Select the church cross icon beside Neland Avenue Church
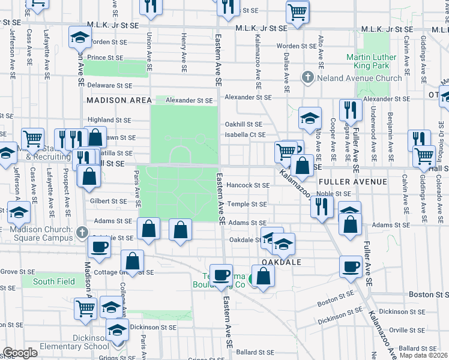coord(307,77)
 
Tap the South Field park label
coord(54,281)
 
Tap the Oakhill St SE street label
coord(244,124)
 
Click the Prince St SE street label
coord(105,58)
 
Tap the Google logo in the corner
coord(20,353)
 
